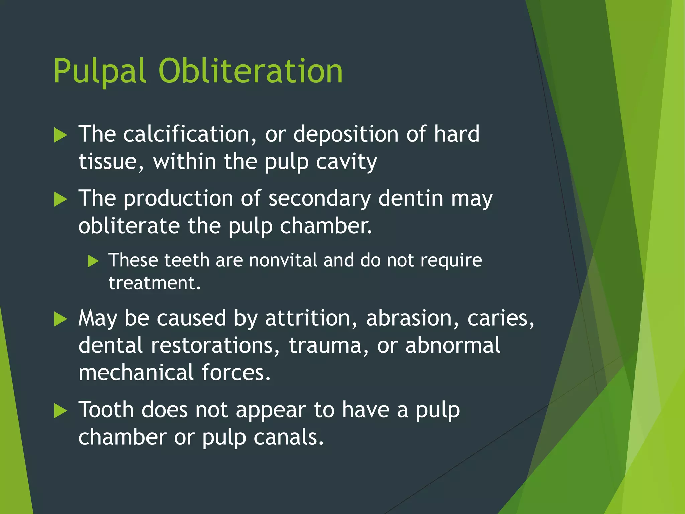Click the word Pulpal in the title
click(x=99, y=71)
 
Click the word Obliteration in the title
click(x=251, y=71)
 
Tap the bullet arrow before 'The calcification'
click(x=61, y=136)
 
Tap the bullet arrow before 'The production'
click(x=61, y=200)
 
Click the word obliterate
click(x=129, y=226)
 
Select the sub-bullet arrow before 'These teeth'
click(x=93, y=261)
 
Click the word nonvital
click(x=283, y=260)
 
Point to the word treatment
click(x=154, y=283)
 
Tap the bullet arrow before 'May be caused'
click(x=61, y=319)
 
